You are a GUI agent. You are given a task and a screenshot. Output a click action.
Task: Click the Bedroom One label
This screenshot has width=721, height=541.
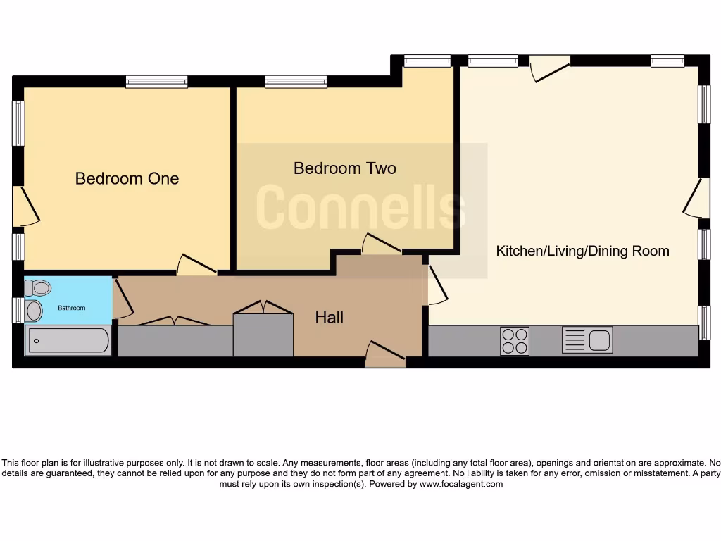click(127, 178)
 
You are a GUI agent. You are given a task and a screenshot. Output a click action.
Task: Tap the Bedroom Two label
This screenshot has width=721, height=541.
click(344, 168)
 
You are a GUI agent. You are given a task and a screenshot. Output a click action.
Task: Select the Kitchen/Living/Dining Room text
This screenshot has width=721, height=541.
click(582, 251)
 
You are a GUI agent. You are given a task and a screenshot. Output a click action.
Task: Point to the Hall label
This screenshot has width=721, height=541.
click(329, 318)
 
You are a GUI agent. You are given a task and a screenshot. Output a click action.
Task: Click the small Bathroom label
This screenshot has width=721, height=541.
click(71, 308)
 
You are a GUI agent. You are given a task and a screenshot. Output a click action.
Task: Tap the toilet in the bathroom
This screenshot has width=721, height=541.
click(38, 287)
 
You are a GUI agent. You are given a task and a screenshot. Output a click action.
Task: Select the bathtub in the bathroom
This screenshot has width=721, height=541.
click(68, 341)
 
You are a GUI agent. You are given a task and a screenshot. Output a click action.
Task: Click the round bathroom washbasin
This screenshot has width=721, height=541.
click(34, 311)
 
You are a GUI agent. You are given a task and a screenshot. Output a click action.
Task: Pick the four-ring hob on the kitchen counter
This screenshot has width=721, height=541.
click(514, 341)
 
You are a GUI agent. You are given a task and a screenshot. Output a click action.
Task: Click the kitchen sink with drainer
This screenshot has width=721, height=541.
click(587, 340)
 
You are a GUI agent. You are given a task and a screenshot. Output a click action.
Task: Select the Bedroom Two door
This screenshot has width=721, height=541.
click(381, 244)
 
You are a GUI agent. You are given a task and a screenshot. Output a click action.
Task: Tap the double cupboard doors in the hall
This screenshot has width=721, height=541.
click(263, 308)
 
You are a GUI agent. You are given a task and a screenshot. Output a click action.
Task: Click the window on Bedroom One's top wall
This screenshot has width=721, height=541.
click(156, 82)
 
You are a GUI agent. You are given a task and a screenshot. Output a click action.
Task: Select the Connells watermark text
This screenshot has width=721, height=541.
click(361, 207)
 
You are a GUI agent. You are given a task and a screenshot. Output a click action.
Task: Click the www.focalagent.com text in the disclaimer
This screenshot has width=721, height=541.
click(461, 484)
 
